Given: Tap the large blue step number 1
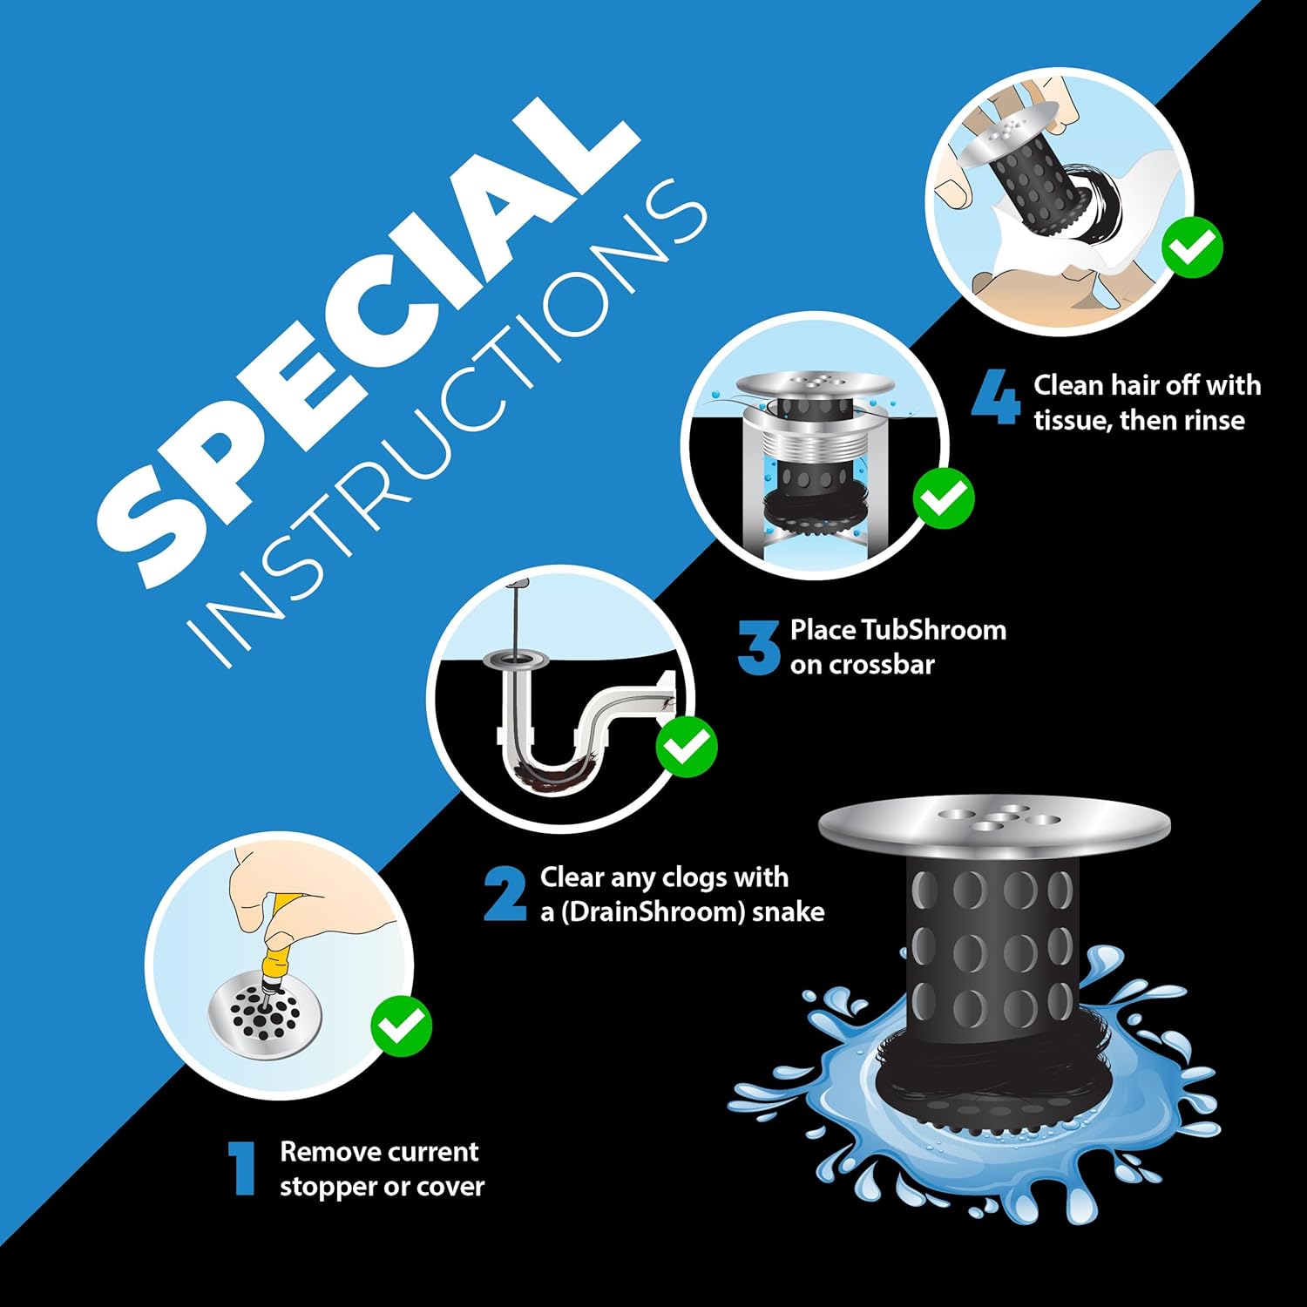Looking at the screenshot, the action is [241, 1169].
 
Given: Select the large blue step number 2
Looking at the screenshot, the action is [505, 894].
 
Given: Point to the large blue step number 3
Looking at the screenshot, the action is [758, 647].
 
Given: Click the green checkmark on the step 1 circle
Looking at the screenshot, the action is [401, 1027].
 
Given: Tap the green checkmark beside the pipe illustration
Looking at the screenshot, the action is [687, 747].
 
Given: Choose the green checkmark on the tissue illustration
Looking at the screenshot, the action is [1193, 247].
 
